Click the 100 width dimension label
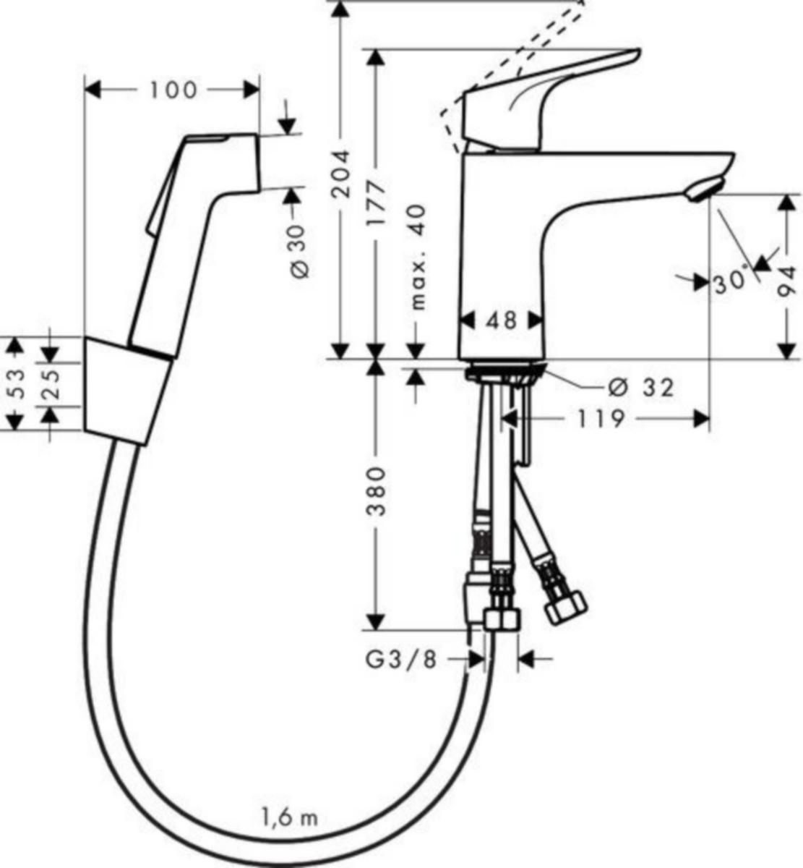[x=173, y=90]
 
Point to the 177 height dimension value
[x=376, y=204]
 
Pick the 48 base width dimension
[x=502, y=321]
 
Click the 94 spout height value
[x=787, y=282]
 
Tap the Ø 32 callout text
[x=641, y=387]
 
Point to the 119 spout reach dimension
[x=601, y=419]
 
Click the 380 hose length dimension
[x=376, y=492]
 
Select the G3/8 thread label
[x=400, y=660]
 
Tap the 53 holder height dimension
[x=16, y=383]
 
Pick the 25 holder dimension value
[x=51, y=384]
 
